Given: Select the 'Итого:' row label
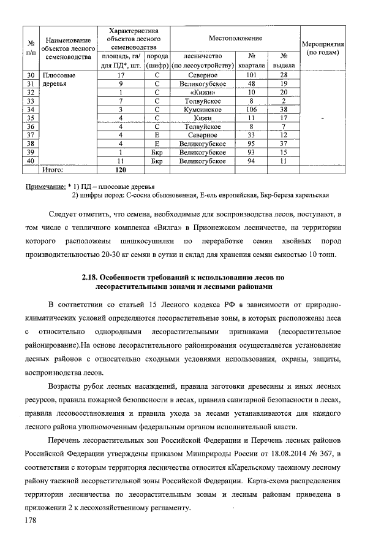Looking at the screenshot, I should tap(52, 170).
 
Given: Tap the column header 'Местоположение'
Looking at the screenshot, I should tap(236, 38).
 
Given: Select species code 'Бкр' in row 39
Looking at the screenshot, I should tap(157, 152).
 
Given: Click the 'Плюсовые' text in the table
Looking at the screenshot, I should tap(58, 75).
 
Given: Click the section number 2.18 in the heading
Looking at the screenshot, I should tap(89, 277).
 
